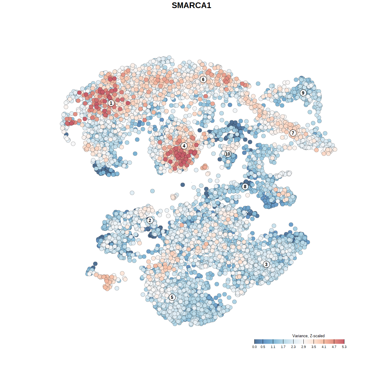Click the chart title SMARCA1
(191, 5)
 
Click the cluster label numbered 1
(111, 103)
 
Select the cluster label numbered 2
(150, 221)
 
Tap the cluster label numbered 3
(266, 264)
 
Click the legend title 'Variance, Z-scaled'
(308, 336)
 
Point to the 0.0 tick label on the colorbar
(254, 347)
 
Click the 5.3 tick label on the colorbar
(344, 347)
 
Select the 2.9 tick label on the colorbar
(303, 347)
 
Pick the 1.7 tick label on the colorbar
(283, 347)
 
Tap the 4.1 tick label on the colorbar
(324, 347)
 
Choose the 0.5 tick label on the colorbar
(263, 347)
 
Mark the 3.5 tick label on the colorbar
(314, 347)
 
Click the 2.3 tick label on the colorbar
(293, 347)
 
